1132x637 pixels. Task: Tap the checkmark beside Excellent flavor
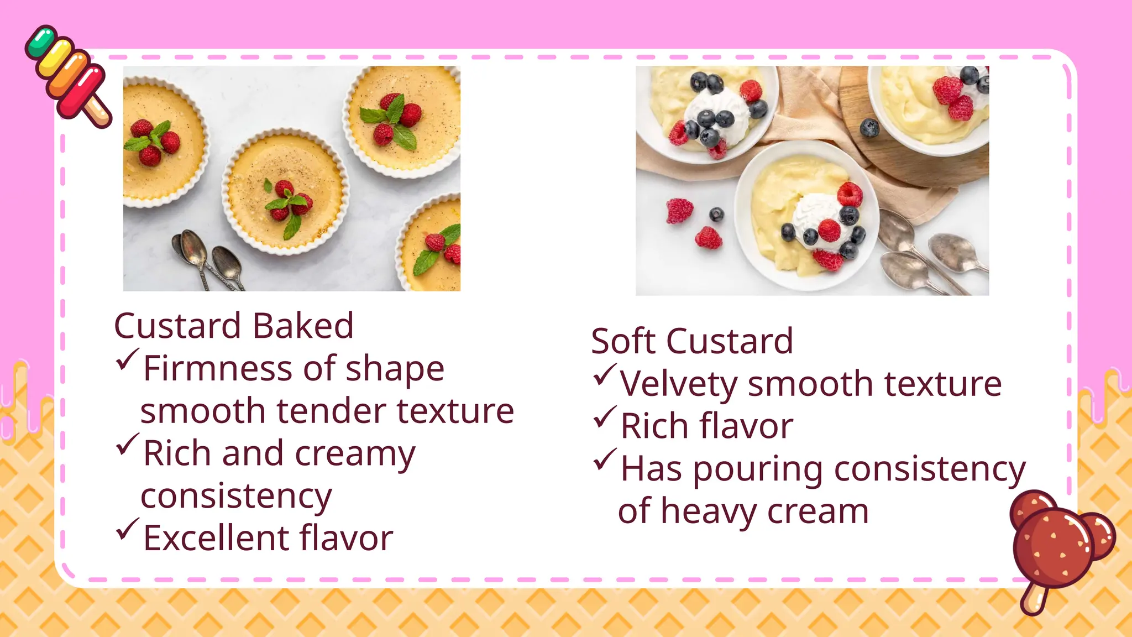(127, 530)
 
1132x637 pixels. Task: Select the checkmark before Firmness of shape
(127, 360)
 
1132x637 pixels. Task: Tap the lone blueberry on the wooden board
(869, 128)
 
